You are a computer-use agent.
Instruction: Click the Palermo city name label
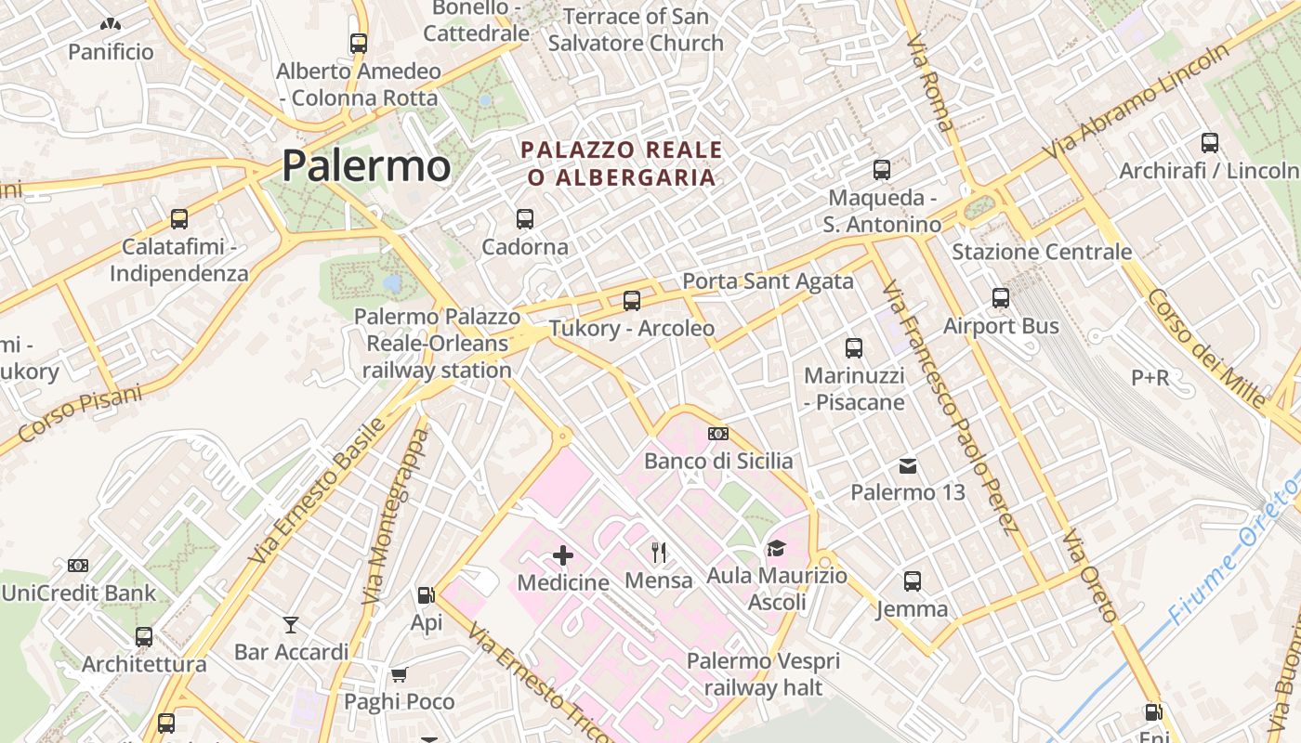pyautogui.click(x=366, y=166)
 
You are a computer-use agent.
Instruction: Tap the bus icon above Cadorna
pyautogui.click(x=525, y=219)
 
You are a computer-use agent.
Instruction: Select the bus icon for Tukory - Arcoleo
pyautogui.click(x=632, y=300)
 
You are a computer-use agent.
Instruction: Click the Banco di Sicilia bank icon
pyautogui.click(x=718, y=434)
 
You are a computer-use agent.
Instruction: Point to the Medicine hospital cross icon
pyautogui.click(x=563, y=556)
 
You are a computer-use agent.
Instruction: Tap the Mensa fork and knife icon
pyautogui.click(x=659, y=553)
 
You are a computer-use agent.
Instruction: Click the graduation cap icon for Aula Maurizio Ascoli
pyautogui.click(x=776, y=549)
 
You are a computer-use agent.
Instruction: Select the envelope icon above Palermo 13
pyautogui.click(x=908, y=465)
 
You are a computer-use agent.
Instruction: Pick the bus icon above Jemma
pyautogui.click(x=913, y=581)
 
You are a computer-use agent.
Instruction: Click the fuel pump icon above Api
pyautogui.click(x=426, y=594)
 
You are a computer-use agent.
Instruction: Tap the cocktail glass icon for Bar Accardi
pyautogui.click(x=291, y=624)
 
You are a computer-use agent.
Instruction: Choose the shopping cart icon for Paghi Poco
pyautogui.click(x=399, y=674)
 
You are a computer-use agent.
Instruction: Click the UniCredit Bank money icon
pyautogui.click(x=78, y=565)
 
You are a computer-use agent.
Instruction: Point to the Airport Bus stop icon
pyautogui.click(x=1001, y=298)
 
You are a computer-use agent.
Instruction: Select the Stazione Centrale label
pyautogui.click(x=1042, y=252)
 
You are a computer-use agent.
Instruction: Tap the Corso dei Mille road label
pyautogui.click(x=1205, y=348)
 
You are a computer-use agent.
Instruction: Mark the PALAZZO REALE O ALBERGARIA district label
pyautogui.click(x=622, y=163)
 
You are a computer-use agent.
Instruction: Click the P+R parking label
pyautogui.click(x=1150, y=377)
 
